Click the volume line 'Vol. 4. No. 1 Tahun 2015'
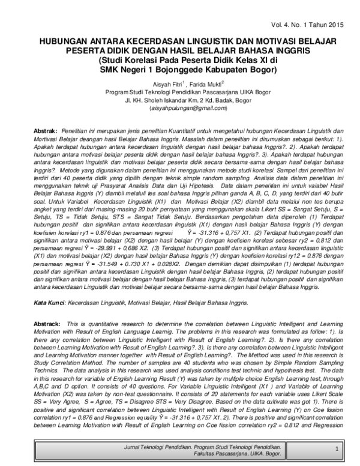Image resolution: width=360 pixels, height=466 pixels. [x=307, y=25]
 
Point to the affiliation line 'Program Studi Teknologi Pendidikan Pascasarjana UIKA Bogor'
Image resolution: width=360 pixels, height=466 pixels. [x=179, y=92]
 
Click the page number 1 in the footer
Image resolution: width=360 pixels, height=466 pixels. [x=337, y=449]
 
